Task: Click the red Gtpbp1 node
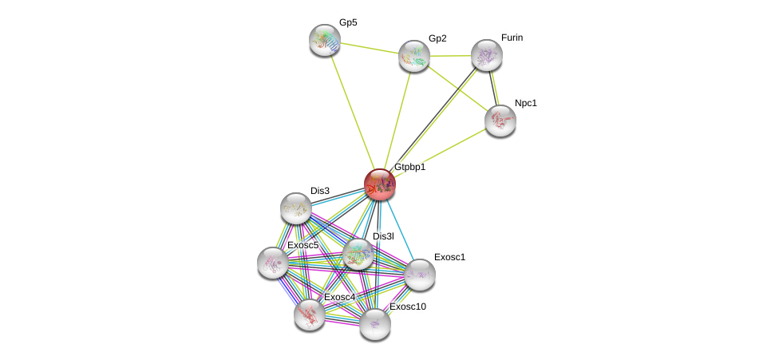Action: tap(380, 184)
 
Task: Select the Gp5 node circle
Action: tap(325, 40)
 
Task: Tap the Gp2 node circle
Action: tap(414, 56)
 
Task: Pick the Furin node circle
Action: tap(486, 55)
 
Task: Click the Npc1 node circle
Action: tap(500, 121)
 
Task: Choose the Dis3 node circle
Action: tap(295, 208)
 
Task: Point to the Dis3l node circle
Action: tap(358, 254)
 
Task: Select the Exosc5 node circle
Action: tap(273, 263)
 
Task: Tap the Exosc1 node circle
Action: tap(420, 275)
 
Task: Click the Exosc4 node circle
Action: tap(309, 315)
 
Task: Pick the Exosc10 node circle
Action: tap(375, 324)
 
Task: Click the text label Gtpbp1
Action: tap(409, 168)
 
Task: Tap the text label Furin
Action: tap(512, 38)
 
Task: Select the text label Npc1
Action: tap(526, 103)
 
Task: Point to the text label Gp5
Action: tap(348, 22)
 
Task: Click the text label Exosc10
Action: tap(407, 307)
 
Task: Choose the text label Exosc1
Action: tap(449, 257)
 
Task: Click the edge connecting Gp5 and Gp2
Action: tap(370, 48)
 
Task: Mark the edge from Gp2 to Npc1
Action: tap(457, 88)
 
